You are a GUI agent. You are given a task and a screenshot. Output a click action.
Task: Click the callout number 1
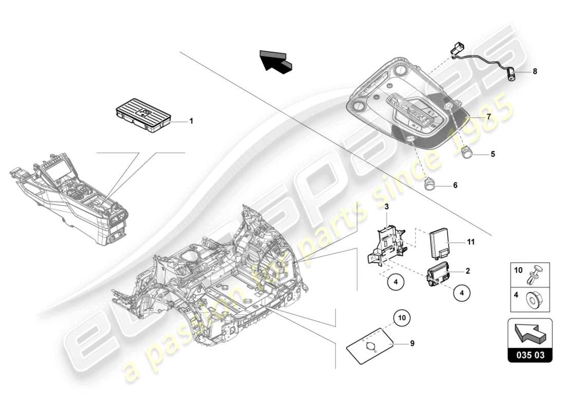191,121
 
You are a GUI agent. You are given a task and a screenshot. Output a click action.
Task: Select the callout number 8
535,72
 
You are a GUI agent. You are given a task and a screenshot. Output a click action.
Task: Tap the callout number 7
488,117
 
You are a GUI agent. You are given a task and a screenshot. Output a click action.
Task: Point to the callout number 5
493,153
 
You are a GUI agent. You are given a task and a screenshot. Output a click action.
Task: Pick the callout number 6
455,185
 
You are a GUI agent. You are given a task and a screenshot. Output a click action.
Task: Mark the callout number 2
467,270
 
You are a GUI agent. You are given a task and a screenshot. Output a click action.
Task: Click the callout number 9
411,344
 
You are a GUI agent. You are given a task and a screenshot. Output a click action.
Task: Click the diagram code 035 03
530,354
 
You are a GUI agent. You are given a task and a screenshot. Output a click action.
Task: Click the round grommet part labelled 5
467,153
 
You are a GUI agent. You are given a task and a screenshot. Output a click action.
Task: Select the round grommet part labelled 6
430,184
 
